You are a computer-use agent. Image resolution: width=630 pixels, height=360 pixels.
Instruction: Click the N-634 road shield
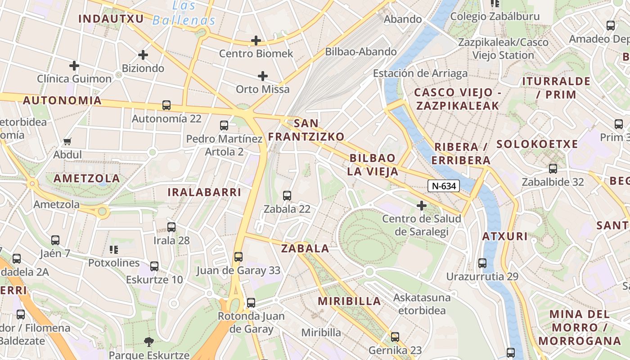click(x=443, y=185)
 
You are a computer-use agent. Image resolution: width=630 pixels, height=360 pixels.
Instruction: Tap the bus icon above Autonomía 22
click(x=166, y=105)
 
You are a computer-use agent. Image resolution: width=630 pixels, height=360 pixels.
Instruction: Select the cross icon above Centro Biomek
click(x=256, y=40)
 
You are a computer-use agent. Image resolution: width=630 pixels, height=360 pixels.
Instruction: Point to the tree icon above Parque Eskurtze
click(x=149, y=342)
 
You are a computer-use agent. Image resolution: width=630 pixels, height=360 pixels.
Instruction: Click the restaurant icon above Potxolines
click(x=114, y=249)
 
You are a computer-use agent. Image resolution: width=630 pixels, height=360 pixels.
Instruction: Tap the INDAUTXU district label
click(x=111, y=18)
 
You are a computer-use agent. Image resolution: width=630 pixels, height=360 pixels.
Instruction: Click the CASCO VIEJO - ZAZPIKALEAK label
click(x=457, y=99)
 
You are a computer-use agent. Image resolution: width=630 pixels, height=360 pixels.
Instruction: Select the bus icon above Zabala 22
click(x=287, y=196)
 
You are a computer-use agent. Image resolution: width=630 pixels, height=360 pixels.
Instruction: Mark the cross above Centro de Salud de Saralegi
click(x=422, y=206)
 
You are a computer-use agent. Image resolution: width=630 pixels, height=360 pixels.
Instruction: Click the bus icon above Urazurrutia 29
click(x=482, y=263)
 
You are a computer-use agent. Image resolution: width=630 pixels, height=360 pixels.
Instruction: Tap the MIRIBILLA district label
click(x=349, y=301)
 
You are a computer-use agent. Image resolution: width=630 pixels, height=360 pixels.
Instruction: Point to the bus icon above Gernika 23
click(x=395, y=337)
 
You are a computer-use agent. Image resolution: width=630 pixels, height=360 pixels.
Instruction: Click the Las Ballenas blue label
click(x=184, y=13)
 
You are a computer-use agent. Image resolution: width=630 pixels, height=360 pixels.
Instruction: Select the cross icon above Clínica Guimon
click(x=74, y=66)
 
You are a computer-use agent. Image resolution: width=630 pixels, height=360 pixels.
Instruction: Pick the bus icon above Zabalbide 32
click(x=553, y=169)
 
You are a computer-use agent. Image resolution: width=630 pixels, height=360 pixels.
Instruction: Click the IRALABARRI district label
click(x=204, y=192)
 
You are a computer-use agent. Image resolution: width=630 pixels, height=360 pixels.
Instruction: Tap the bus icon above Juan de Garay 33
click(x=238, y=257)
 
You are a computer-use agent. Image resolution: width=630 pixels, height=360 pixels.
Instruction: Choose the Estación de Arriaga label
click(x=420, y=73)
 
